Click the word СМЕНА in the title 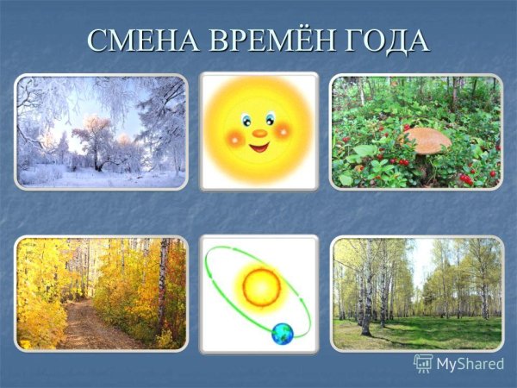pyautogui.click(x=137, y=40)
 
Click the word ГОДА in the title pyautogui.click(x=388, y=40)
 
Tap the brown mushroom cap pyautogui.click(x=427, y=138)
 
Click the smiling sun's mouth pyautogui.click(x=259, y=146)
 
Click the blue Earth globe pyautogui.click(x=282, y=334)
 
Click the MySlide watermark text pyautogui.click(x=470, y=363)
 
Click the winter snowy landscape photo pyautogui.click(x=101, y=131)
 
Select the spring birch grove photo pyautogui.click(x=417, y=293)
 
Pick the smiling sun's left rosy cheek pyautogui.click(x=234, y=135)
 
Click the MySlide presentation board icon pyautogui.click(x=423, y=363)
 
